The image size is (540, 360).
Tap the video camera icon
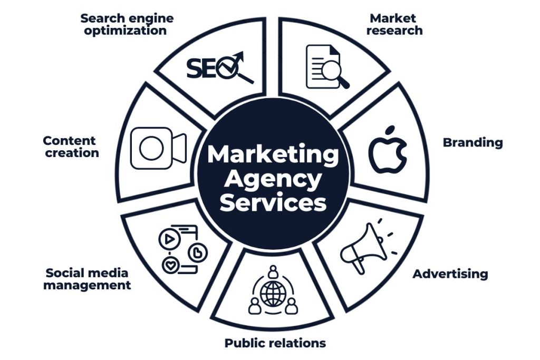159,148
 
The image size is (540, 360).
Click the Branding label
472,142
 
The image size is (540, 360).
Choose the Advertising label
450,274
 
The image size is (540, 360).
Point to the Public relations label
275,343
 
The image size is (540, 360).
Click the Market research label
394,24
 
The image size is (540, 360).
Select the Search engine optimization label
127,24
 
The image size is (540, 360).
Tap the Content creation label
71,147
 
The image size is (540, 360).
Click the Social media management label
86,279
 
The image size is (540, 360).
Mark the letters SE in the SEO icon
200,67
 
